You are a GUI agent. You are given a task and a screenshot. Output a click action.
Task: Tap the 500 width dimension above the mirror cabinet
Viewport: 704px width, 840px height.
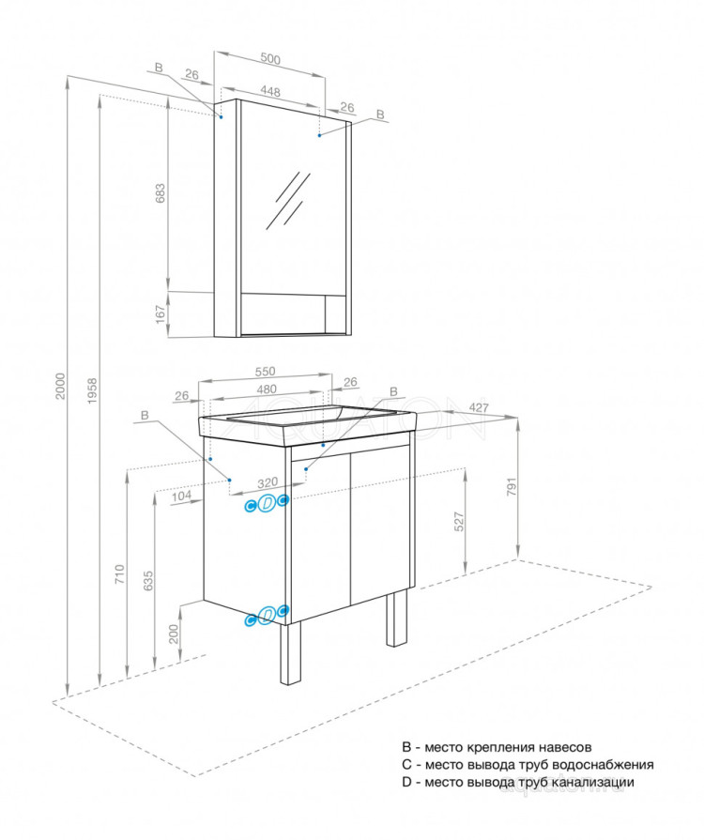(270, 59)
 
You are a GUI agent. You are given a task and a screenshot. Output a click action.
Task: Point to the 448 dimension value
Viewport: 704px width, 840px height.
(270, 92)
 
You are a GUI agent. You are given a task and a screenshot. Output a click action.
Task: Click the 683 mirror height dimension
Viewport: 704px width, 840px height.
(160, 193)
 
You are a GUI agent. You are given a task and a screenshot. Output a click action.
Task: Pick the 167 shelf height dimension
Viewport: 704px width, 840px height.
(160, 312)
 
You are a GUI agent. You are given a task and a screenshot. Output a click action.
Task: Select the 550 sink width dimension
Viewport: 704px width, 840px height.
(267, 371)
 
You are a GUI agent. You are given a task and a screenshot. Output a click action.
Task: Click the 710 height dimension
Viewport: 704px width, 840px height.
(117, 574)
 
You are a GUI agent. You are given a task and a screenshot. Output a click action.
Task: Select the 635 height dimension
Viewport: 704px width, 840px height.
(148, 583)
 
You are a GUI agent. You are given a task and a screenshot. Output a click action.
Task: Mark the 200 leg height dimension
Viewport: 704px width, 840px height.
(174, 634)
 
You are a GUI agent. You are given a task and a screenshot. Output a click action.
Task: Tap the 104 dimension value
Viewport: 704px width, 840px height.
(183, 497)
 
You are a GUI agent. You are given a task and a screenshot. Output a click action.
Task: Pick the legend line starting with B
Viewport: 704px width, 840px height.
(496, 748)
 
